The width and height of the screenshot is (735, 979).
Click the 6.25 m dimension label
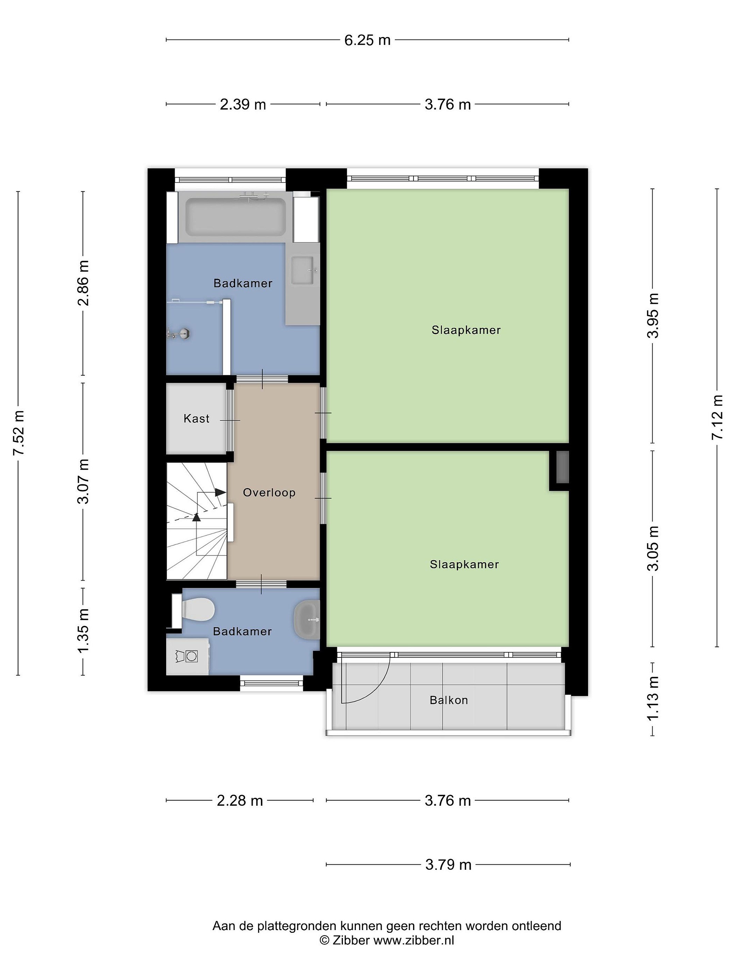click(x=367, y=40)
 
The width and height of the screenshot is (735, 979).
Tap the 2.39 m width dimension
click(x=243, y=104)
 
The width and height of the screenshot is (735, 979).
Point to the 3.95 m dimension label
click(x=653, y=315)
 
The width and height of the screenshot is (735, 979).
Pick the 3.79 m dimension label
click(x=448, y=864)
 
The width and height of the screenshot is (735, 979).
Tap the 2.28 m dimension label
click(x=240, y=800)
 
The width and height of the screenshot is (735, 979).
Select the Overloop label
click(x=269, y=492)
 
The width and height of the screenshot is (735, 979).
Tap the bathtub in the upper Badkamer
click(x=235, y=217)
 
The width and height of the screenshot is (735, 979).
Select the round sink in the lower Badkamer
click(x=307, y=620)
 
